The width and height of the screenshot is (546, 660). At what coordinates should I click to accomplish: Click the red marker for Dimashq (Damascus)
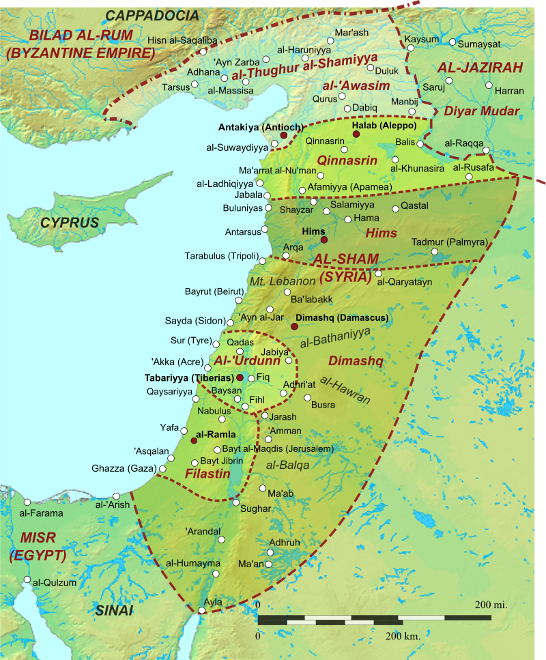294,326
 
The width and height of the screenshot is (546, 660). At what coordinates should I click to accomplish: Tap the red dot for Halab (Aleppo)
356,135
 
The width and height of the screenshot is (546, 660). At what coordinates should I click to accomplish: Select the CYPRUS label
69,223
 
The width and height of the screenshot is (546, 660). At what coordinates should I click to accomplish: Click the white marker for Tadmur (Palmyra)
435,252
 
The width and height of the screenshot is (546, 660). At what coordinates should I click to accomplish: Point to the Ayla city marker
200,609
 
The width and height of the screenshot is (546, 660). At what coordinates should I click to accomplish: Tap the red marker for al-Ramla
195,441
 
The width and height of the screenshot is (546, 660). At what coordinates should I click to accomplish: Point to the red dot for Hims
324,240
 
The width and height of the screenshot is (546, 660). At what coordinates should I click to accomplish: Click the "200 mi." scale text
491,605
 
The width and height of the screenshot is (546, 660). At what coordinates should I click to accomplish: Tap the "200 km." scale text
403,635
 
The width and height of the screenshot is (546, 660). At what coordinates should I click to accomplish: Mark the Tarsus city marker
195,85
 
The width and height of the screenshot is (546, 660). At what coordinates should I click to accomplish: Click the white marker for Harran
489,85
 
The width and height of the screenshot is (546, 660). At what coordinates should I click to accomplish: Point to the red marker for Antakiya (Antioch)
283,135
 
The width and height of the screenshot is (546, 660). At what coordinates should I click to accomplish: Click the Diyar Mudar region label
481,111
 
